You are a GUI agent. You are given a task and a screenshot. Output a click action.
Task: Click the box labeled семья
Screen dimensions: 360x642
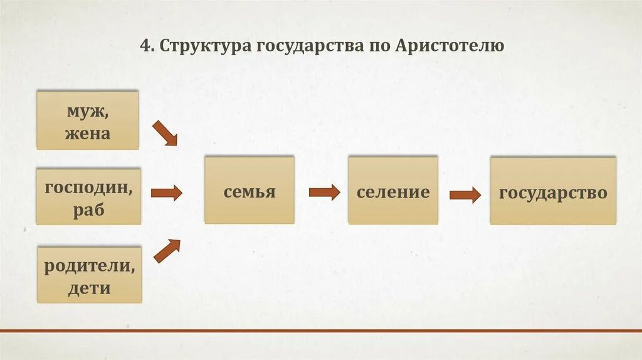click(x=250, y=190)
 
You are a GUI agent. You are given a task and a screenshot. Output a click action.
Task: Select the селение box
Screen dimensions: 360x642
click(x=393, y=191)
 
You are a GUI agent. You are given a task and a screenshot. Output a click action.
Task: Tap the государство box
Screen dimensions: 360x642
click(x=553, y=191)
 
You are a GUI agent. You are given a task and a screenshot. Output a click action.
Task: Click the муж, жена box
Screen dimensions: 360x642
click(x=87, y=120)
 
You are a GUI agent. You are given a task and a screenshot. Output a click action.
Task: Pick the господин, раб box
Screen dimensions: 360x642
click(x=88, y=196)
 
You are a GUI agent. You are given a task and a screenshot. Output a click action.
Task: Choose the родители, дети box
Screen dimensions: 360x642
click(x=89, y=275)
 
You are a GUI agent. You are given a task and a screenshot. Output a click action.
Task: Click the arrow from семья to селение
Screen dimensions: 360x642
click(x=324, y=192)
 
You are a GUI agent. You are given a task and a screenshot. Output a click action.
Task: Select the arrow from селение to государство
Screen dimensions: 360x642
click(x=465, y=195)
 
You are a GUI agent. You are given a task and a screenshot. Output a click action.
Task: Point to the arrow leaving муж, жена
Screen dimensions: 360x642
click(x=165, y=134)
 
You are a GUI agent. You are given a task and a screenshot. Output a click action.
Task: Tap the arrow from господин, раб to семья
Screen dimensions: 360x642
click(x=166, y=193)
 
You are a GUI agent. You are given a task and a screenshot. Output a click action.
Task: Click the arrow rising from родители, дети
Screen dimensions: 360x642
click(x=166, y=251)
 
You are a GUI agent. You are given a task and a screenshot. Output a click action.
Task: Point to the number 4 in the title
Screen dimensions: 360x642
click(x=144, y=46)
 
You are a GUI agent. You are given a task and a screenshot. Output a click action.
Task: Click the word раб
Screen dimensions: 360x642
click(x=88, y=209)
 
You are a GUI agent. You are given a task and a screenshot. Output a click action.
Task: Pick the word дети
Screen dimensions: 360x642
click(x=89, y=288)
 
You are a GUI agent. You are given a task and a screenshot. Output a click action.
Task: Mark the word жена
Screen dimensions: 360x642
click(x=87, y=133)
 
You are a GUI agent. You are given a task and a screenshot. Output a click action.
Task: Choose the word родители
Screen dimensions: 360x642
click(x=89, y=265)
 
